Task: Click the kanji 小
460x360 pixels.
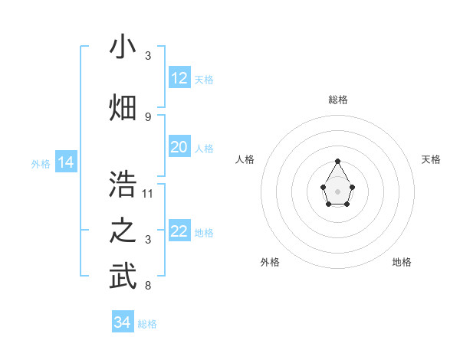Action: [123, 47]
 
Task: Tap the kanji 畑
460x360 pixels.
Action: [123, 108]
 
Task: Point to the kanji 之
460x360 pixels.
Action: [123, 231]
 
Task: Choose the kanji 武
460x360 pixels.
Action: [123, 277]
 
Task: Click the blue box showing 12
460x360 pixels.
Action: [179, 78]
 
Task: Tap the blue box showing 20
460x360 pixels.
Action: [179, 147]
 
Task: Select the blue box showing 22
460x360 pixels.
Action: [179, 231]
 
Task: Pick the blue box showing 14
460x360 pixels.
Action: [66, 162]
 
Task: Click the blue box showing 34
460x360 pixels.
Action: [123, 322]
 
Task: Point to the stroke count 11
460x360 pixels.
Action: [148, 193]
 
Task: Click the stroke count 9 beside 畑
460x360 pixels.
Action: [148, 116]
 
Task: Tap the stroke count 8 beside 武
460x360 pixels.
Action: [148, 286]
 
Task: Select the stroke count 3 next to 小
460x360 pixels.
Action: [148, 56]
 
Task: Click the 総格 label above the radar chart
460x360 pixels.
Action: [338, 100]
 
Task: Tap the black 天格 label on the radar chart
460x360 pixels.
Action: [431, 159]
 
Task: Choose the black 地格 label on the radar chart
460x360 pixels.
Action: [402, 262]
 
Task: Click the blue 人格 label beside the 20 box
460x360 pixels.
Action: [204, 149]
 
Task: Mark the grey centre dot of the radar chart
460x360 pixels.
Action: [338, 190]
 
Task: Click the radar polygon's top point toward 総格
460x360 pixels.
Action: [338, 161]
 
